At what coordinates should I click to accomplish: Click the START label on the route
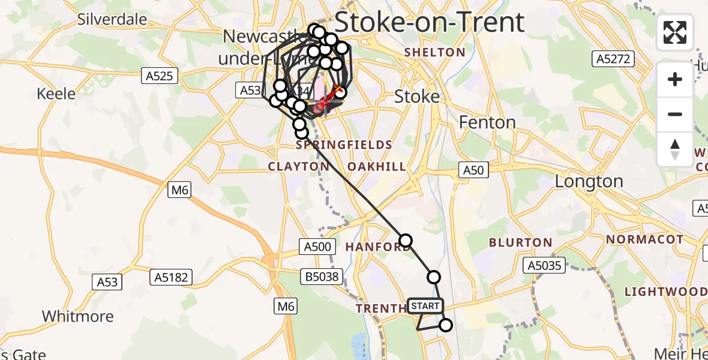(x=425, y=306)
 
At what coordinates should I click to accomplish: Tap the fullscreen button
(x=675, y=32)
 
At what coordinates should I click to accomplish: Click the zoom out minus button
(x=675, y=114)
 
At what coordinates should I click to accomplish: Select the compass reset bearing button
(x=675, y=149)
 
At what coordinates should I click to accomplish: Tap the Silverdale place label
(x=112, y=19)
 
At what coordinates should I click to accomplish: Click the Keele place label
(x=56, y=94)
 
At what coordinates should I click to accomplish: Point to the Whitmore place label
(x=77, y=316)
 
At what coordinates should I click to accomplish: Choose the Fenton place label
(x=487, y=122)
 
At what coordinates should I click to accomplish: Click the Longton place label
(x=589, y=181)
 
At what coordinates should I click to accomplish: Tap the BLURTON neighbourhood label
(x=520, y=242)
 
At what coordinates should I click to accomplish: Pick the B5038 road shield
(x=322, y=277)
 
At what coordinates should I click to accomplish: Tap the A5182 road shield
(x=172, y=277)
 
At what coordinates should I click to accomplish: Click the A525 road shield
(x=159, y=76)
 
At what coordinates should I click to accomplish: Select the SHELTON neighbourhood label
(x=434, y=52)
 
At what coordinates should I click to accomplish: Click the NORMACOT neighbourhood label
(x=644, y=239)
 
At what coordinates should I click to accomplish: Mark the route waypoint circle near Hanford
(x=406, y=241)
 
